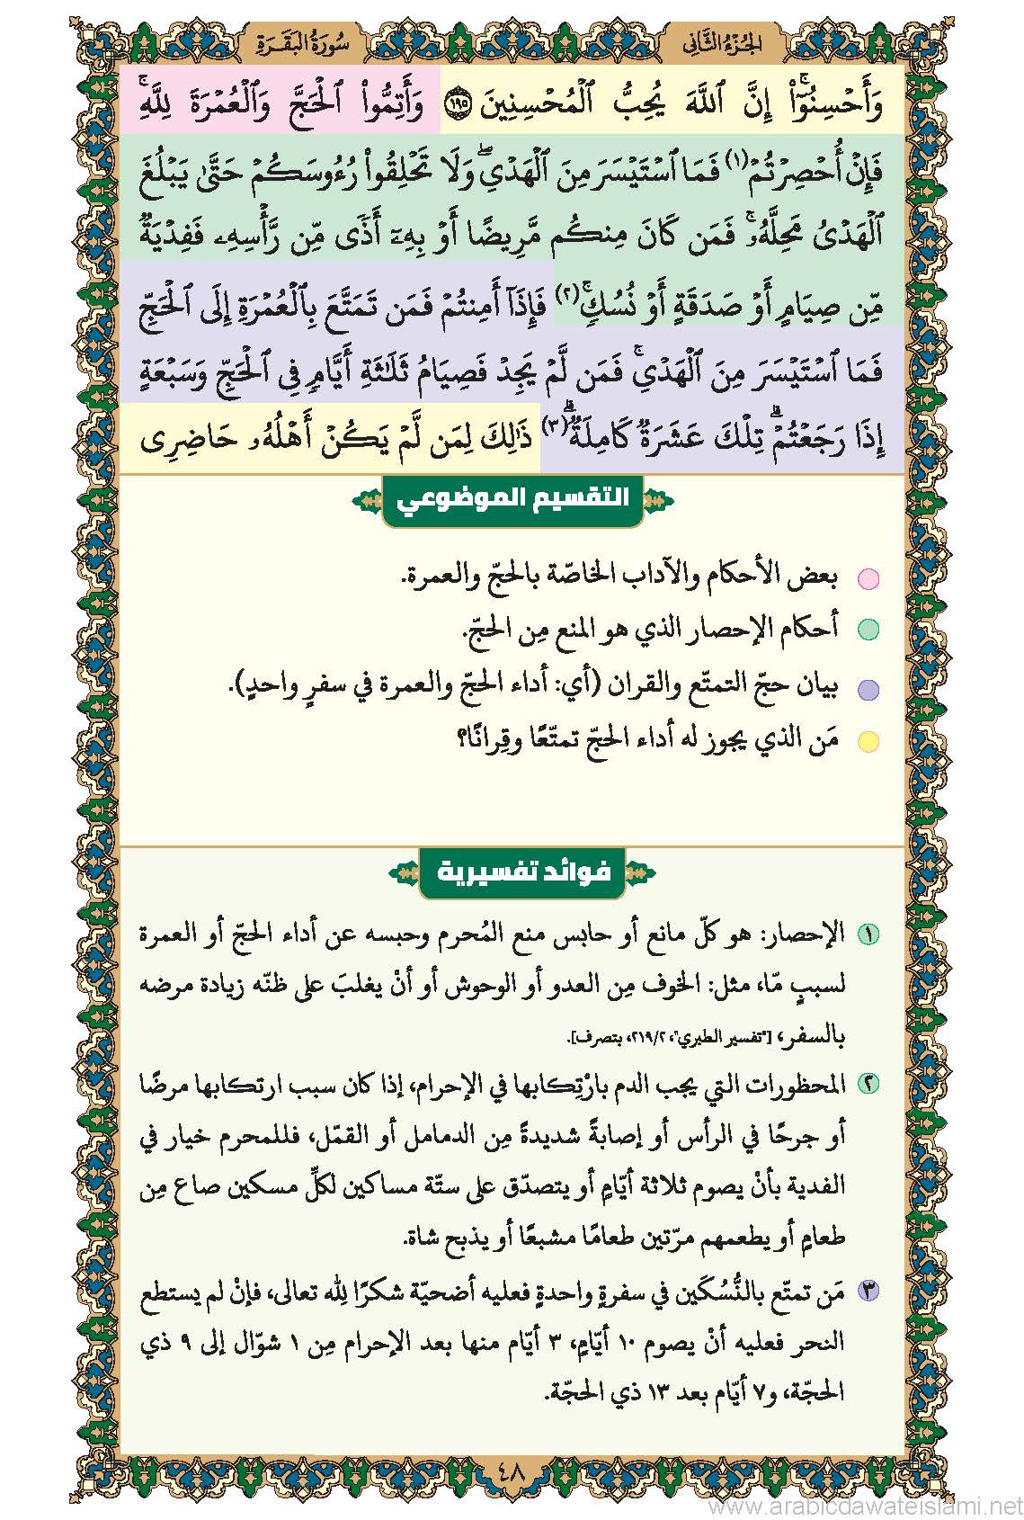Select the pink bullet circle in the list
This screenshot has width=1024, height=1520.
click(868, 578)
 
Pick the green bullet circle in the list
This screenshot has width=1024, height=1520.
click(868, 630)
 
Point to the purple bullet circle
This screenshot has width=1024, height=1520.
click(868, 690)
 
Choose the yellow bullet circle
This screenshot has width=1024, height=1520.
click(868, 742)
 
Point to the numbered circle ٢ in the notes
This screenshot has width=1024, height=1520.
click(868, 1086)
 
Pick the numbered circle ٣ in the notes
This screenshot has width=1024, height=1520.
click(868, 1293)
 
